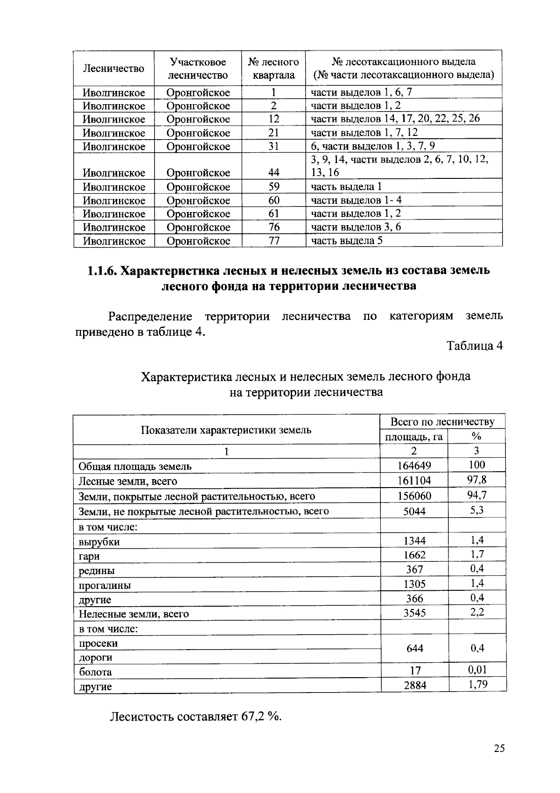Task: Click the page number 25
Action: click(499, 748)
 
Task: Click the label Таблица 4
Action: click(475, 346)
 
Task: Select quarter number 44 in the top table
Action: click(274, 173)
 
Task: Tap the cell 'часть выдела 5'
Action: click(347, 241)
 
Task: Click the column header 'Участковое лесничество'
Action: click(198, 69)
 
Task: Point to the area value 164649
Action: click(414, 466)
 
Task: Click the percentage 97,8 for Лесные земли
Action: click(476, 480)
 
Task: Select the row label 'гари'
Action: click(89, 556)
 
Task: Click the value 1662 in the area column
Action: click(414, 555)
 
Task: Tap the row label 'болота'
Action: click(95, 672)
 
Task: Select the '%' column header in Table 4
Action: click(476, 437)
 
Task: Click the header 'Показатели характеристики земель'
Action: click(226, 430)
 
